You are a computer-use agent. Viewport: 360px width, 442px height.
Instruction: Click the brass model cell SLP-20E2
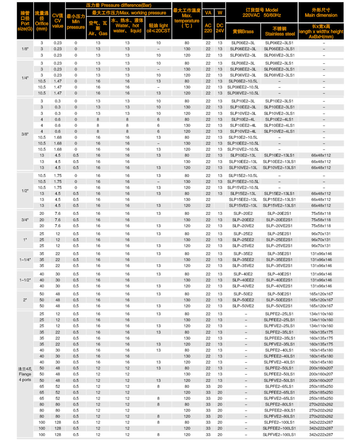pyautogui.click(x=243, y=214)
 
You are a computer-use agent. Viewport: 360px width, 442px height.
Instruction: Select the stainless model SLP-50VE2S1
pyautogui.click(x=280, y=306)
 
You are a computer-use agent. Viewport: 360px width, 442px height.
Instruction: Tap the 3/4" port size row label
pyautogui.click(x=25, y=220)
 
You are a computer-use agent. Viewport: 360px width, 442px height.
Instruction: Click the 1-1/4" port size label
pyautogui.click(x=25, y=260)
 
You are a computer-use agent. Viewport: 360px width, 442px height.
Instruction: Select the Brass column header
pyautogui.click(x=243, y=31)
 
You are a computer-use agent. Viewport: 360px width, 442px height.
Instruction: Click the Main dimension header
pyautogui.click(x=321, y=12)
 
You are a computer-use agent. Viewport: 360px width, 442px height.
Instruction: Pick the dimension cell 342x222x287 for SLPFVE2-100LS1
pyautogui.click(x=321, y=435)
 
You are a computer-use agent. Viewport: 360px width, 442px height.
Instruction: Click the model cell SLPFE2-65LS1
pyautogui.click(x=280, y=386)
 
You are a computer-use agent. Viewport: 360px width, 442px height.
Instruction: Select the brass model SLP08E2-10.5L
pyautogui.click(x=243, y=81)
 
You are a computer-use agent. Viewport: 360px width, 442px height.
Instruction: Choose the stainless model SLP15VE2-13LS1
pyautogui.click(x=280, y=205)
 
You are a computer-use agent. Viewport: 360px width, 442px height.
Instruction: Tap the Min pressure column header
pyautogui.click(x=76, y=22)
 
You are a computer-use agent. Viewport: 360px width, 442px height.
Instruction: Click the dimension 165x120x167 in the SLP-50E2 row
pyautogui.click(x=321, y=294)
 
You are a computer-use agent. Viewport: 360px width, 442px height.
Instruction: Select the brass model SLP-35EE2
pyautogui.click(x=243, y=260)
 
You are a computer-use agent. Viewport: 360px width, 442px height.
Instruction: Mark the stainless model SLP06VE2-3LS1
pyautogui.click(x=280, y=55)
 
